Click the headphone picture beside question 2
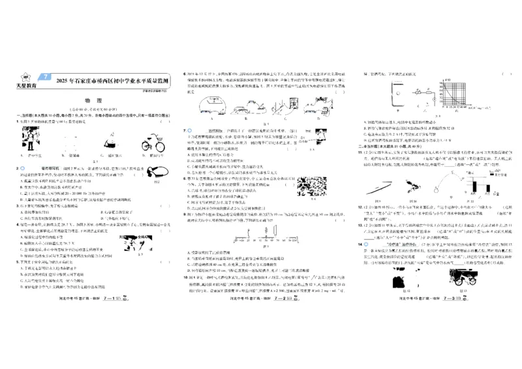pos(157,173)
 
